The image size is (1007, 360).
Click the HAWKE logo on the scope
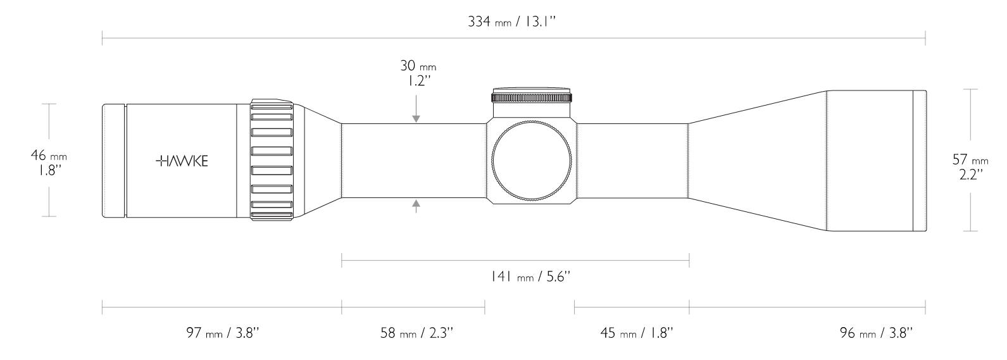click(x=182, y=161)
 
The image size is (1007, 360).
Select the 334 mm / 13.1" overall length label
click(x=512, y=22)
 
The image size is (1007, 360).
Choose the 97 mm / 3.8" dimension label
click(x=223, y=332)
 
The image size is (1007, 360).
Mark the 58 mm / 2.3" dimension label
click(x=417, y=332)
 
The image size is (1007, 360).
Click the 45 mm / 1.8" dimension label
click(x=637, y=332)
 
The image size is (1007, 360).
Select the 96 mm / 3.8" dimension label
click(x=876, y=332)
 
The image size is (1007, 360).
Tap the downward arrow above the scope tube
click(x=416, y=110)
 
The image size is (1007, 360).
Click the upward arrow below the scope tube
click(x=416, y=206)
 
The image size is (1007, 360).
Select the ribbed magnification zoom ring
click(x=272, y=160)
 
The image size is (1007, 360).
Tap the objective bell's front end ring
click(x=919, y=161)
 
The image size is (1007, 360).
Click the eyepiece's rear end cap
click(x=113, y=161)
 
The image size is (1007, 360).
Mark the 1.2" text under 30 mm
click(x=418, y=81)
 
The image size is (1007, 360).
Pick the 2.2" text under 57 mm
click(x=970, y=174)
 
